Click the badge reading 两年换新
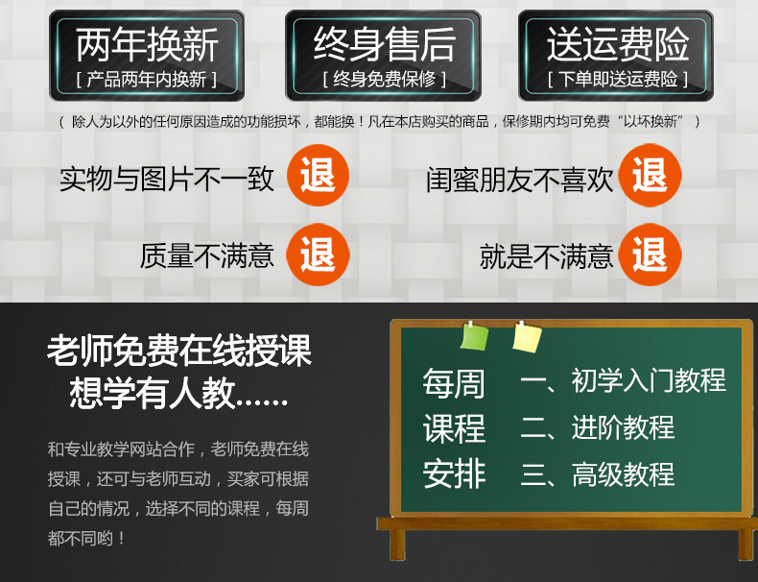[x=147, y=56]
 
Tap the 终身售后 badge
[x=383, y=56]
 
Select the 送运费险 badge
[x=616, y=56]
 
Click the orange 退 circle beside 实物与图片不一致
[x=318, y=175]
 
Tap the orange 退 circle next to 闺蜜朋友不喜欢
[x=651, y=175]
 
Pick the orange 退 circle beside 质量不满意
[x=318, y=255]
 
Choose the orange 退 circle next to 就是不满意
[x=651, y=255]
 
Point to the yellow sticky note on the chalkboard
[x=527, y=337]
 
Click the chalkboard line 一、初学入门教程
[x=623, y=380]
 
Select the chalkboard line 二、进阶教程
[x=598, y=427]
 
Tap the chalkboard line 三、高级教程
[x=598, y=474]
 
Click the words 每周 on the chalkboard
[x=454, y=383]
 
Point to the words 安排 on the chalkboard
[x=454, y=474]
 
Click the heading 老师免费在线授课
[x=179, y=351]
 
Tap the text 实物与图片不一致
[x=167, y=179]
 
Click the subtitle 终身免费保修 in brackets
[x=385, y=79]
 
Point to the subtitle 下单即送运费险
[x=618, y=79]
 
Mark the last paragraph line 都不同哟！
[x=87, y=538]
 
